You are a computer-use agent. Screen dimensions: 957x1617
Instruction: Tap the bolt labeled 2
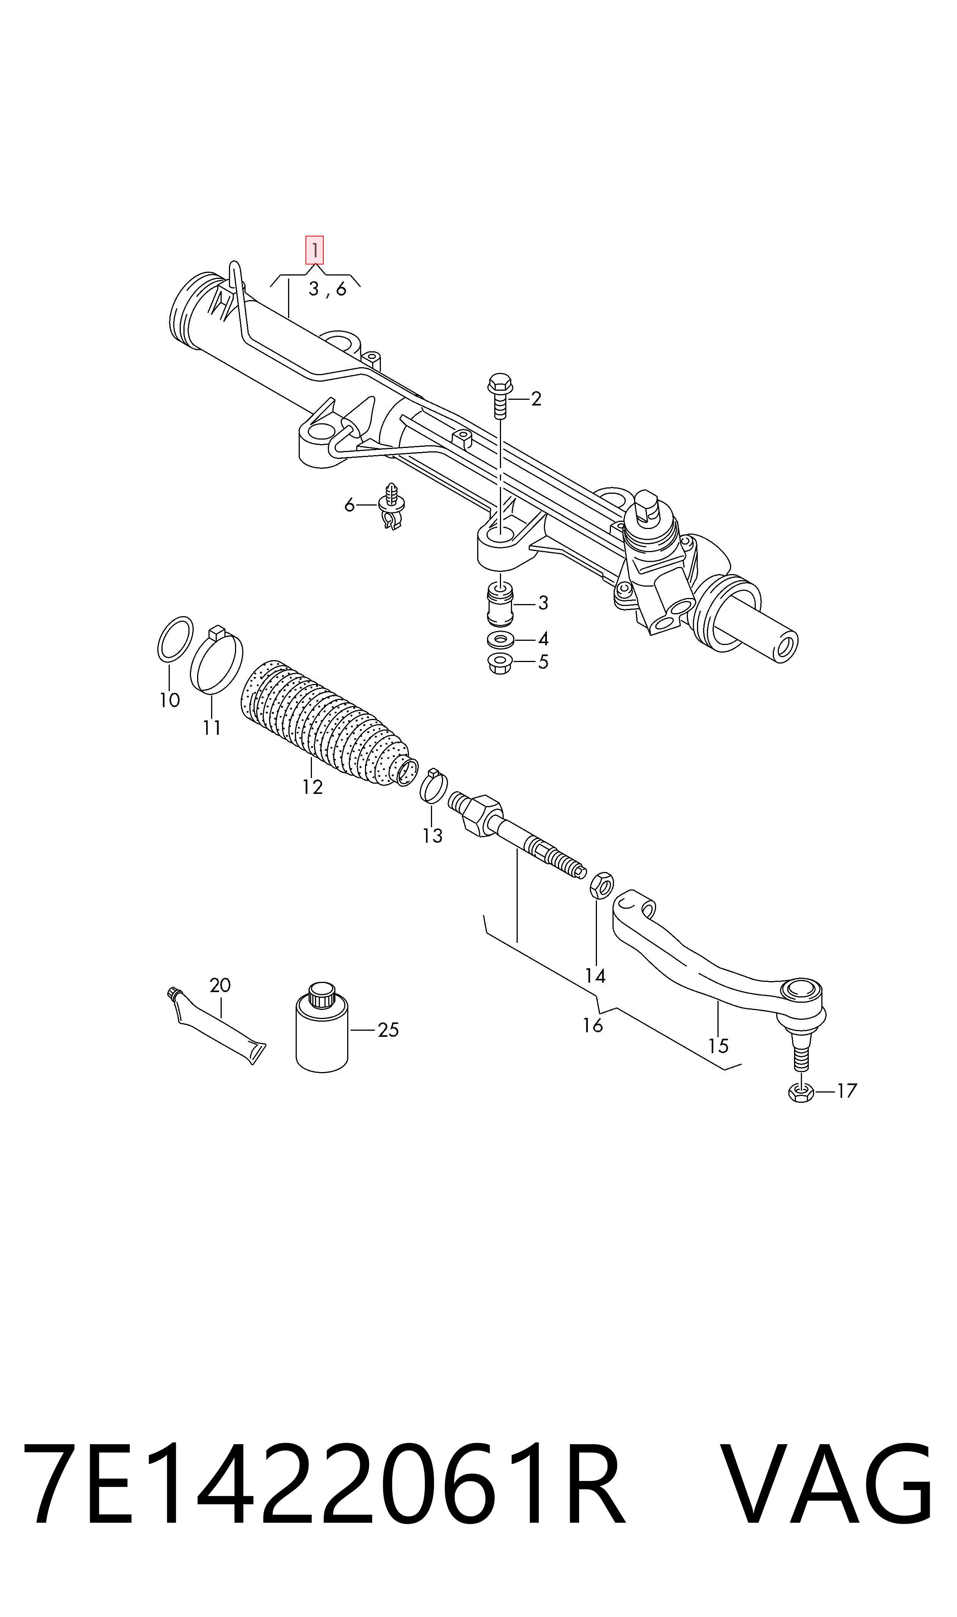(x=500, y=395)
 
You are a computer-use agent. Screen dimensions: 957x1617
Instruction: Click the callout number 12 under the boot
(x=312, y=787)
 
